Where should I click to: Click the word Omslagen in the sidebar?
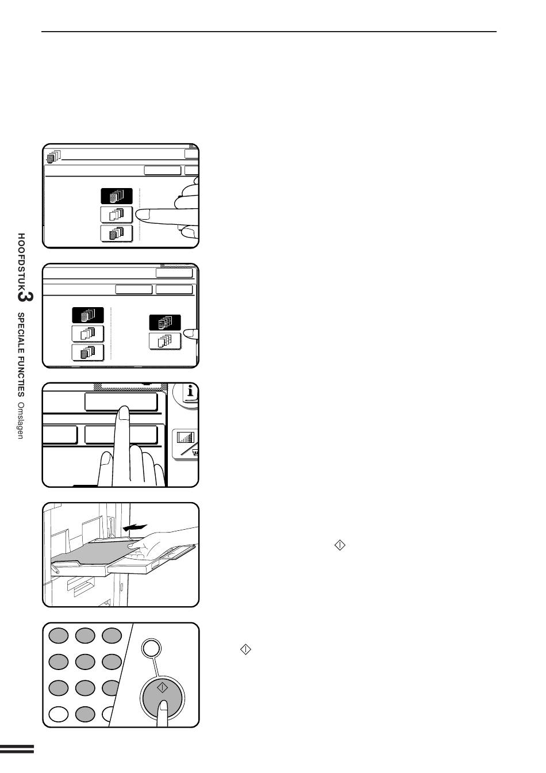[x=21, y=420]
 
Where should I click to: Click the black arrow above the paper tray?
[x=135, y=527]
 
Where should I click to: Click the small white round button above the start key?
[x=151, y=648]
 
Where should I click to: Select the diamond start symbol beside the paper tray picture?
[x=340, y=545]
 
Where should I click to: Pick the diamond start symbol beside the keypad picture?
[x=245, y=649]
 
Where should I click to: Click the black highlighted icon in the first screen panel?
[x=117, y=196]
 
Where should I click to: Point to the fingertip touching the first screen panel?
[x=141, y=215]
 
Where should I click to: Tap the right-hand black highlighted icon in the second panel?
[x=165, y=323]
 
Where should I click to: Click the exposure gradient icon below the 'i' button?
[x=186, y=438]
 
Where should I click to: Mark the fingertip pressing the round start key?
[x=163, y=706]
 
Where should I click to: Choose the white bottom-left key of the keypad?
[x=58, y=714]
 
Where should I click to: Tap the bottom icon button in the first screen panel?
[x=117, y=234]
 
